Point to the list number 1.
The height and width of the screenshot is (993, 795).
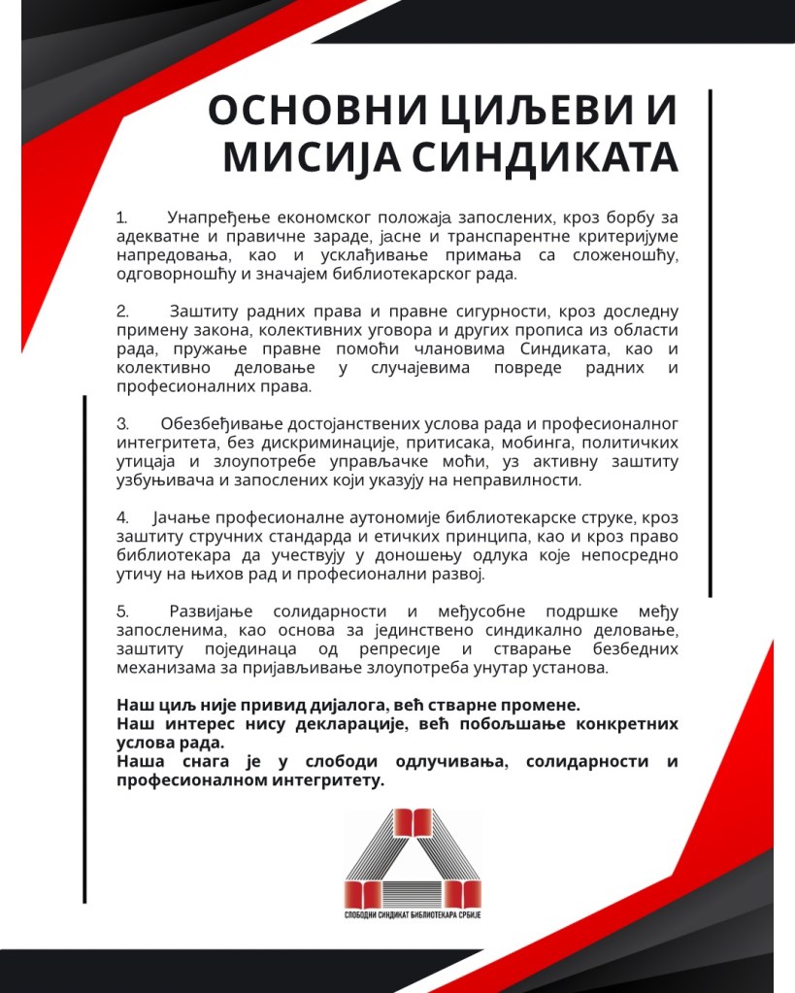click(121, 215)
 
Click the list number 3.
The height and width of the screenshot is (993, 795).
click(122, 424)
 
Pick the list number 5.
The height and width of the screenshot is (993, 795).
click(122, 612)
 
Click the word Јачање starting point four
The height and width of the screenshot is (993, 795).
click(183, 517)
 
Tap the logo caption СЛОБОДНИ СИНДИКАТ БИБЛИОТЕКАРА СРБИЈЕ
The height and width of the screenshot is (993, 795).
click(414, 915)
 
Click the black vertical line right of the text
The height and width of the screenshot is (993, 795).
click(711, 340)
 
